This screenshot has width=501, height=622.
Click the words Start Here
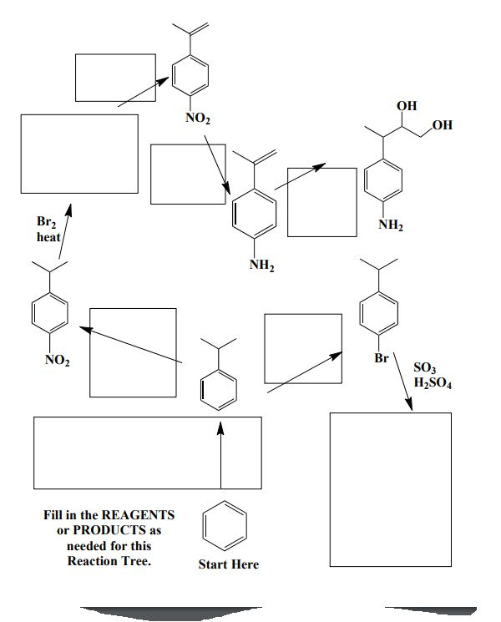coord(228,564)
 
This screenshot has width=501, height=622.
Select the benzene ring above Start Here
coord(224,527)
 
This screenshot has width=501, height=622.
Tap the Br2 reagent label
coord(45,222)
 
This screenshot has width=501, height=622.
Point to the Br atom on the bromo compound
coord(382,358)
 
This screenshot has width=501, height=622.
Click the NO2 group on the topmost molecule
coord(198,119)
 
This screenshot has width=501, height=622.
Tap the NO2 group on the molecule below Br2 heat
coord(57,361)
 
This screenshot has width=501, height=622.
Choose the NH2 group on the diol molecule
coord(391,225)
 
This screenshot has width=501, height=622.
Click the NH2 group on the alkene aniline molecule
coord(262,265)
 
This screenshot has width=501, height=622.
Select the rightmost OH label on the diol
coord(442,125)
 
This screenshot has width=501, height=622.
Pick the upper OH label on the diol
coord(407,106)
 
